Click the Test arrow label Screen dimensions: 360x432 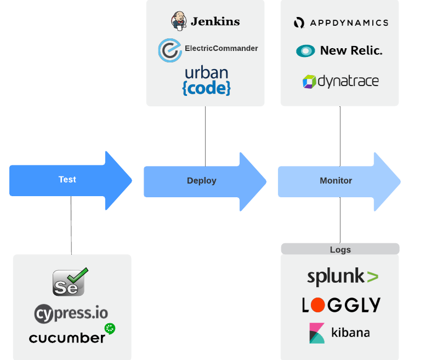(x=67, y=180)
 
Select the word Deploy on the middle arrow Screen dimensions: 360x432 (x=202, y=181)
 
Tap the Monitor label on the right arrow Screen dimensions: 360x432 (x=336, y=181)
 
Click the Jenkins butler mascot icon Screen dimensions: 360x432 (x=179, y=21)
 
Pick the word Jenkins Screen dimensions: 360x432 (x=215, y=22)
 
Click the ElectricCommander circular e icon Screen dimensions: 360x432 (x=169, y=50)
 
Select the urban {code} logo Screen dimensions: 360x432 (x=206, y=81)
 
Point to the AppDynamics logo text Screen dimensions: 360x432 (x=348, y=22)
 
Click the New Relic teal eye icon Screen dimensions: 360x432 (x=305, y=51)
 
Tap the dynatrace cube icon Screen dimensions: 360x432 (x=309, y=82)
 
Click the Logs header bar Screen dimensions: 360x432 (x=340, y=249)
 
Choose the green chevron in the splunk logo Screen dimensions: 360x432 (x=372, y=277)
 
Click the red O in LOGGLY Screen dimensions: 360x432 (x=320, y=305)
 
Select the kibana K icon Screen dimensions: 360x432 (x=317, y=333)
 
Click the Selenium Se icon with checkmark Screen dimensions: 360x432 (x=70, y=282)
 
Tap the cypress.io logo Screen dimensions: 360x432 (x=71, y=313)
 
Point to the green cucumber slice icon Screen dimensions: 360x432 (x=110, y=329)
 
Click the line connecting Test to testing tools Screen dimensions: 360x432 (x=71, y=225)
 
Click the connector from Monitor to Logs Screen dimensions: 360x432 (x=340, y=219)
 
